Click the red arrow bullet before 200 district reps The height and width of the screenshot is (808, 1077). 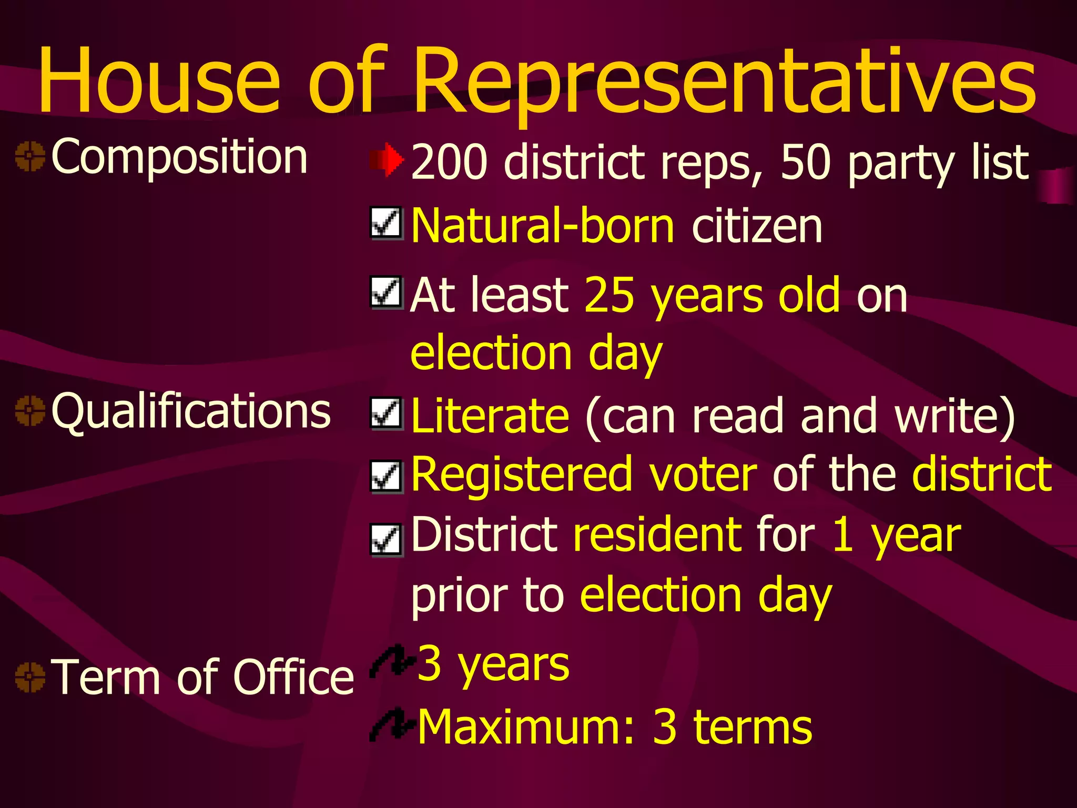point(387,159)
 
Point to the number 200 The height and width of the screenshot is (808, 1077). point(449,161)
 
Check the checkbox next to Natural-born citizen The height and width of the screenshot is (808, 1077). point(387,223)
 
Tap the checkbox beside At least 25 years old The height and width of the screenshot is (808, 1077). point(387,292)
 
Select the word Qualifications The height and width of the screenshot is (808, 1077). point(191,411)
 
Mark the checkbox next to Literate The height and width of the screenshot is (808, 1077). point(387,413)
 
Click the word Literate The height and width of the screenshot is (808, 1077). point(490,416)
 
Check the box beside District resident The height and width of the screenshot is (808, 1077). point(387,540)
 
